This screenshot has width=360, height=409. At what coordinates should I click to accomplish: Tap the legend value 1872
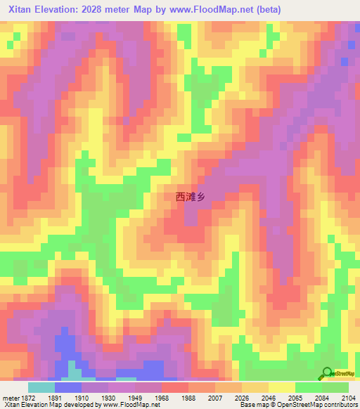(28, 397)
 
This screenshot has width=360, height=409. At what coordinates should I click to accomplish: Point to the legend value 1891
(56, 397)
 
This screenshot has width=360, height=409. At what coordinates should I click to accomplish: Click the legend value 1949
(136, 397)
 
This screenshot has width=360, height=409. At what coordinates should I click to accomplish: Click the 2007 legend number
(217, 397)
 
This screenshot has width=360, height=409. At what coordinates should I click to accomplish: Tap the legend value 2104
(349, 397)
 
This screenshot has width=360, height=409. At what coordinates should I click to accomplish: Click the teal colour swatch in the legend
(41, 387)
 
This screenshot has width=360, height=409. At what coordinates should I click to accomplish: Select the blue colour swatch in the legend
(68, 387)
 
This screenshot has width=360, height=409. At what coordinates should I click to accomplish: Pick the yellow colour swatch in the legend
(282, 387)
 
